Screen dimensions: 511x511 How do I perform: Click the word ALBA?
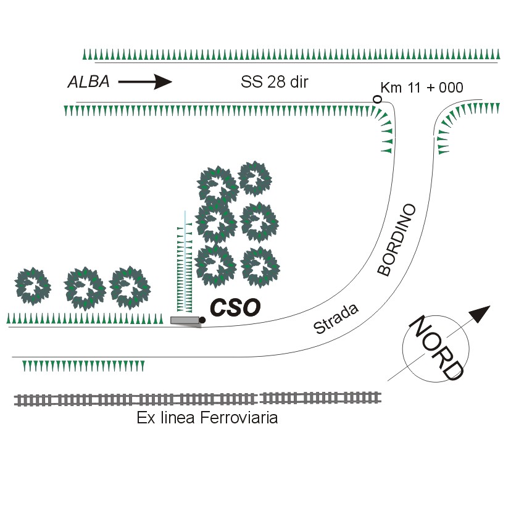click(88, 82)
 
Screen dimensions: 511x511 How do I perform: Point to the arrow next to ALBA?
click(145, 81)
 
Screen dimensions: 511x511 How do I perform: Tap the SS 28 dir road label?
click(274, 82)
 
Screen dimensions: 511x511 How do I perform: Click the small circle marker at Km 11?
click(376, 99)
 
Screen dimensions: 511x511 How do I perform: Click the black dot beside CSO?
click(202, 320)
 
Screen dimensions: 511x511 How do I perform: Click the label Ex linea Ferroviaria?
click(207, 418)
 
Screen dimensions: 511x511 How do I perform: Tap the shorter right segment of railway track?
click(320, 397)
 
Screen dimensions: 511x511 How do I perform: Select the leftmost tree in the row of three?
click(33, 286)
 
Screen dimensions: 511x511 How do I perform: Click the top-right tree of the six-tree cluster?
click(255, 178)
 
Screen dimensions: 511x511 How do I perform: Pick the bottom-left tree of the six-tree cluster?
click(215, 265)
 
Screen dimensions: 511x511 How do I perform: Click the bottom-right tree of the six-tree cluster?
click(259, 265)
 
